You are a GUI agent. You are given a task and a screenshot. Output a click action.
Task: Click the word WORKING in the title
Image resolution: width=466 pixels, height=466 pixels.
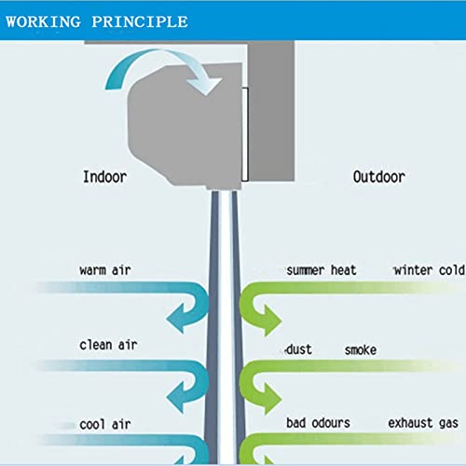coord(44,21)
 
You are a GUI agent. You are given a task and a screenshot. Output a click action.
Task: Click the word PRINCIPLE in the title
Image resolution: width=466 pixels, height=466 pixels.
coord(140,21)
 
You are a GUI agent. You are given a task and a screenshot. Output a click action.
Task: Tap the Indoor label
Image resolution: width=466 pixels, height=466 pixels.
coord(104,177)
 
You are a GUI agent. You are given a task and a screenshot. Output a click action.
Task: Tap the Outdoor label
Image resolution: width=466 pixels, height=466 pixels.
coord(379,177)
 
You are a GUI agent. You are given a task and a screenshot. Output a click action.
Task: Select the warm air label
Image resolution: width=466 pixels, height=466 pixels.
coord(105,270)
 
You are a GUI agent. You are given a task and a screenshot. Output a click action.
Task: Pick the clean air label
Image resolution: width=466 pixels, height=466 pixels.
coord(108,345)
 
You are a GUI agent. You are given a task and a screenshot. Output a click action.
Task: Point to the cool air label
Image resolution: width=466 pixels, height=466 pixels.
coord(105,424)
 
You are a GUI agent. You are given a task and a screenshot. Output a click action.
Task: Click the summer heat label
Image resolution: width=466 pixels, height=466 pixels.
coord(322,270)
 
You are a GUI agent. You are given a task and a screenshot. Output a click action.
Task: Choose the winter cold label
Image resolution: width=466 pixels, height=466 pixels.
coord(429,270)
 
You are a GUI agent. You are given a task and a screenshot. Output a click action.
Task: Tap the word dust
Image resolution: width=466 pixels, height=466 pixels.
coord(299,349)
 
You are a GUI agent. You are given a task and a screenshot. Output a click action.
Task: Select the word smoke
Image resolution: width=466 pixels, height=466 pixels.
coord(361,350)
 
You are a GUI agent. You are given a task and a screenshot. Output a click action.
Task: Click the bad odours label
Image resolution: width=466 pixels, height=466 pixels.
coord(318,423)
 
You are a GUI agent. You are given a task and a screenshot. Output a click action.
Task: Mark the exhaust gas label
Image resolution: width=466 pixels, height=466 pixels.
coord(423,423)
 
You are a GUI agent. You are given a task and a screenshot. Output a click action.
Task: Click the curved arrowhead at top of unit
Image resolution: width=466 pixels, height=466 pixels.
coord(205,86)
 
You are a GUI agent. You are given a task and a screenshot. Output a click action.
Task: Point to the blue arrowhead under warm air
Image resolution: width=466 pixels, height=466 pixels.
coord(176,319)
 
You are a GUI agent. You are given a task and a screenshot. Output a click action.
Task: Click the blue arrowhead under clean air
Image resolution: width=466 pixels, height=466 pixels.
coord(176,397)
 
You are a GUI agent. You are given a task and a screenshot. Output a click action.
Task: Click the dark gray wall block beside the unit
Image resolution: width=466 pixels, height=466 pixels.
coord(271,111)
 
